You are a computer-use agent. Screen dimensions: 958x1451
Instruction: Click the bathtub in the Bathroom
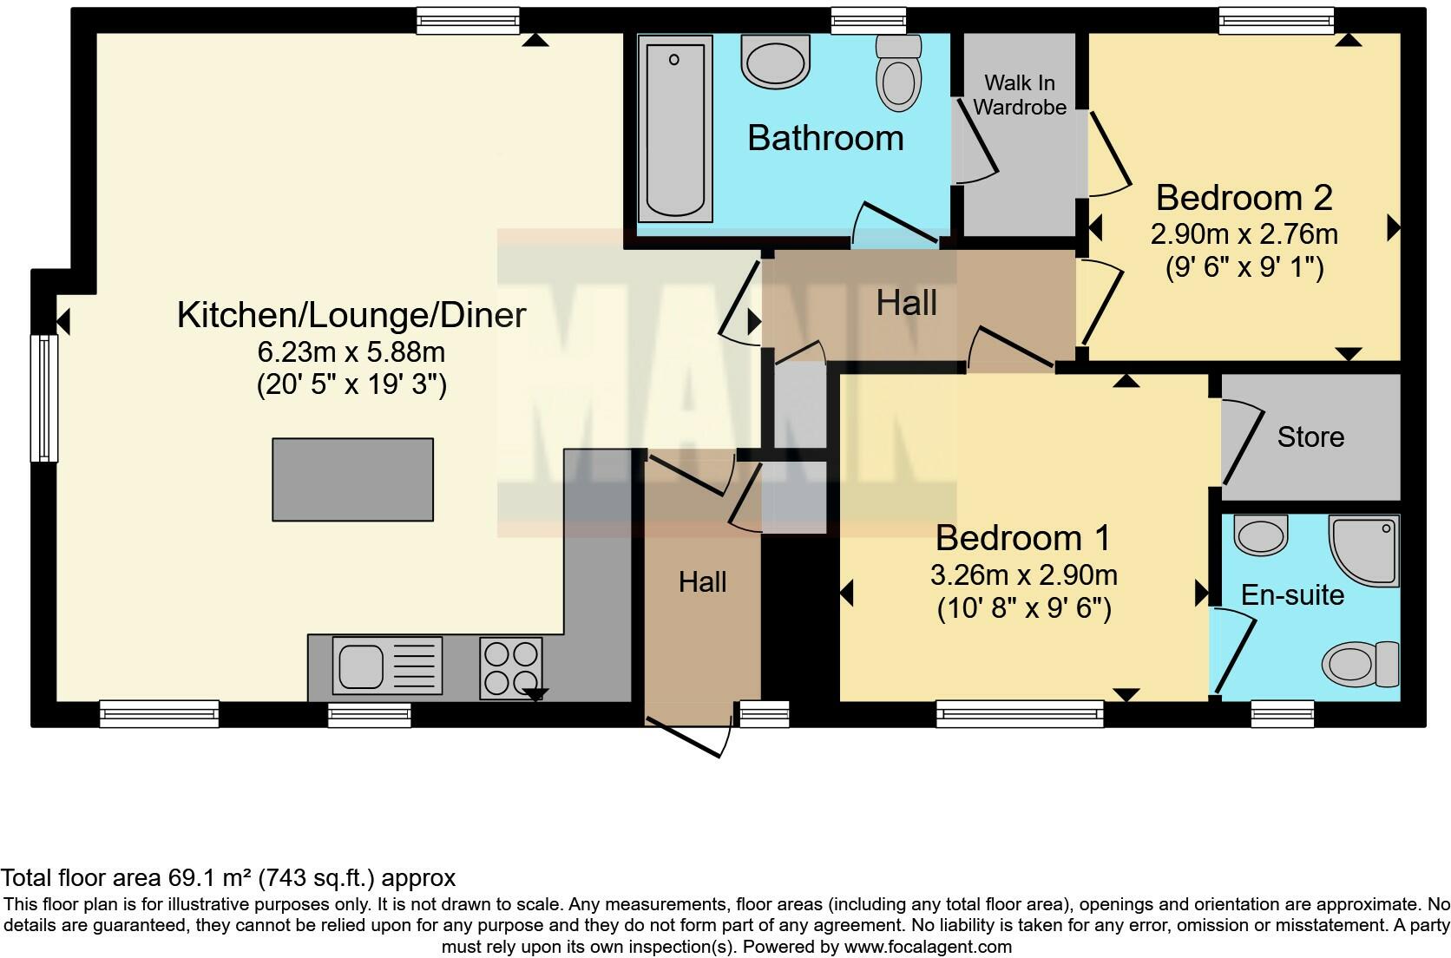coord(673,128)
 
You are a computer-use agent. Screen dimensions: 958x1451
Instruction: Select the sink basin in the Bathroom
coord(775,62)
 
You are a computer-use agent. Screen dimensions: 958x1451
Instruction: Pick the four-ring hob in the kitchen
coord(511,667)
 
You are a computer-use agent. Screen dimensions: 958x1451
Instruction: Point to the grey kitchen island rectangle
coord(352,479)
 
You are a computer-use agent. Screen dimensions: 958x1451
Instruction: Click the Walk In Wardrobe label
coord(1020,95)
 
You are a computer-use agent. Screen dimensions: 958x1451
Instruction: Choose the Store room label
coord(1310,436)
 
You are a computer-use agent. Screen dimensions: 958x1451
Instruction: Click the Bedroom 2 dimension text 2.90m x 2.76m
coord(1244,234)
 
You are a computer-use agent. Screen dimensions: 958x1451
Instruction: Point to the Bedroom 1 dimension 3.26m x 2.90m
coord(1023,575)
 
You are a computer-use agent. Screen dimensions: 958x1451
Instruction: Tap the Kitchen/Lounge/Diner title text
coord(351,314)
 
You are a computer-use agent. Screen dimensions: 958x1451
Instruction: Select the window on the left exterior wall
coord(43,398)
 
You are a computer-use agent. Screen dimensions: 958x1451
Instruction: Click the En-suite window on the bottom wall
coord(1282,714)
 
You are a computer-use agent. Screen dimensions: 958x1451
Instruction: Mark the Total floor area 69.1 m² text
coord(228,877)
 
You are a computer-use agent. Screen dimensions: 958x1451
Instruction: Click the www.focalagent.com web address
coord(928,947)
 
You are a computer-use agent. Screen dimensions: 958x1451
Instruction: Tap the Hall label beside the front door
coord(702,581)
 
